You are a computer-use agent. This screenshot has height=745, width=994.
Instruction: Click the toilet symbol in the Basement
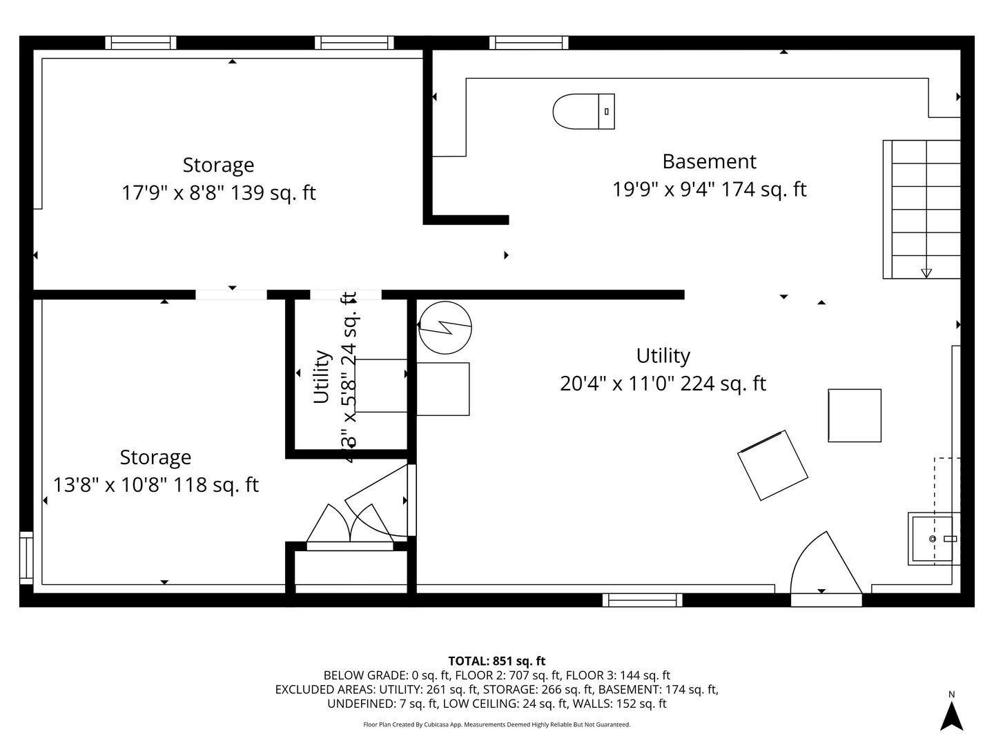coord(583,111)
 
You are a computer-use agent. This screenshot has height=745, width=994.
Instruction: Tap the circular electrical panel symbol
coord(445,327)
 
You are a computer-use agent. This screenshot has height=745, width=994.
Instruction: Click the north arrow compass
coord(952,714)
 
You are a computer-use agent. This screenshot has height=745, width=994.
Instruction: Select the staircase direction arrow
coord(926,272)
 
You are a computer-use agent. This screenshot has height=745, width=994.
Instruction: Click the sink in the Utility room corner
coord(933,538)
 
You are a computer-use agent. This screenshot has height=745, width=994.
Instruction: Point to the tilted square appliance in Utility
coord(772,465)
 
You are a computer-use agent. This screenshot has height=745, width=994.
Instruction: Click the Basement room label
coord(709,161)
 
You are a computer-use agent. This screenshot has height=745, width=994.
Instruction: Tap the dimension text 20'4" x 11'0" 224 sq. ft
coord(663,384)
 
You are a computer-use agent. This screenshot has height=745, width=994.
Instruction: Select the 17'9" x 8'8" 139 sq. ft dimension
coord(218,192)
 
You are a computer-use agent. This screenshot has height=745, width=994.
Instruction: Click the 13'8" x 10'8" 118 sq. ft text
coord(156,485)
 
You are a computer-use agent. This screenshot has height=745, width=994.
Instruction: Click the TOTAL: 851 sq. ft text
coord(497,661)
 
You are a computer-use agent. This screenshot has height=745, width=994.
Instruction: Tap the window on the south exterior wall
coord(642,600)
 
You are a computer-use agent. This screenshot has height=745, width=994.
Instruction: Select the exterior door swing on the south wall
coord(826,566)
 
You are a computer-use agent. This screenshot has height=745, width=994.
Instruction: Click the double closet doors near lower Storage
coord(350,528)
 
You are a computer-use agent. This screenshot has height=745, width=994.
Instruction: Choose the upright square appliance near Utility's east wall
coord(855,415)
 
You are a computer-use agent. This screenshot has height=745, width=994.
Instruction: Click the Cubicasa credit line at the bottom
coord(497,724)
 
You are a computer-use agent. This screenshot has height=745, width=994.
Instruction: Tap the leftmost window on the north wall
coord(141,43)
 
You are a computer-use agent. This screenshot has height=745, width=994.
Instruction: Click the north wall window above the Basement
coord(529,43)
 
